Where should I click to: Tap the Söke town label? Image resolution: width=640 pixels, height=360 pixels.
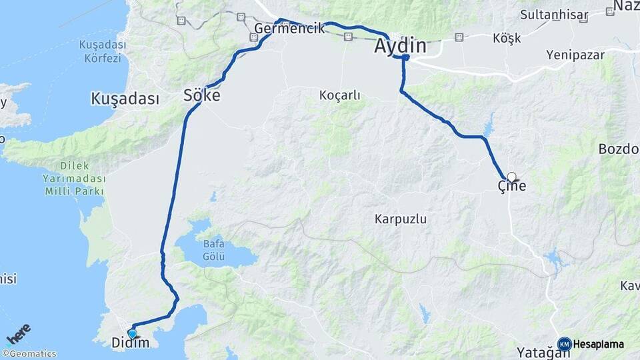tap(201, 96)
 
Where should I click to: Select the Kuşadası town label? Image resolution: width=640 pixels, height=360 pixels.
tap(125, 99)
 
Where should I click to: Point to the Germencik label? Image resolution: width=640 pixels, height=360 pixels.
tap(289, 28)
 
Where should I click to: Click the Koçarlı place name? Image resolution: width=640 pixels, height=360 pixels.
tap(339, 95)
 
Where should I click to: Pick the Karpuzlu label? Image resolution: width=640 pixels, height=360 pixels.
tap(401, 219)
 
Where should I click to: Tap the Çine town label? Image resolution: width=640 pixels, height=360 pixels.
tap(512, 187)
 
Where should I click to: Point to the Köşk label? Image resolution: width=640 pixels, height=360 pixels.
tap(507, 38)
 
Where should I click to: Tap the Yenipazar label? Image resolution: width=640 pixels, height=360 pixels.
tap(574, 54)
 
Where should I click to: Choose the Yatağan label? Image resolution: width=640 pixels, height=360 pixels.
tap(539, 352)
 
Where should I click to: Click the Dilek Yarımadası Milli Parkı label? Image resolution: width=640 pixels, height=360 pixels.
tap(73, 179)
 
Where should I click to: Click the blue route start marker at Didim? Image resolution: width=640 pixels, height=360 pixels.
tap(132, 333)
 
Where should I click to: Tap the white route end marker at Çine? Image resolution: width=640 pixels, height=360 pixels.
tap(511, 177)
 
